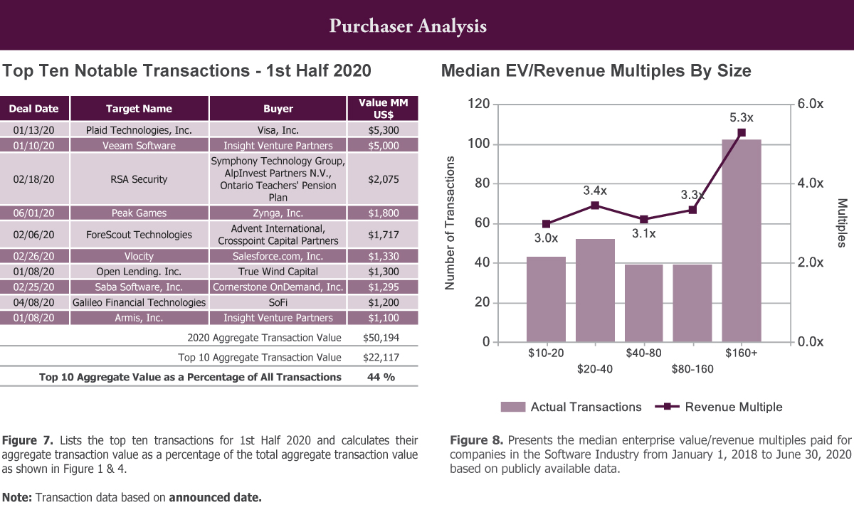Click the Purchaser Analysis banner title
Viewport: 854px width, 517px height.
408,26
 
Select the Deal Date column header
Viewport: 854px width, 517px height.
34,109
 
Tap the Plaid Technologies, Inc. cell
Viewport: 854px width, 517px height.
139,130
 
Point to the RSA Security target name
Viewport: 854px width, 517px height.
139,179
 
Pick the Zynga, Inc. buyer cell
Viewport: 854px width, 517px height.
278,213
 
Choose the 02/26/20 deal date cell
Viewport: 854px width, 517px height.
34,255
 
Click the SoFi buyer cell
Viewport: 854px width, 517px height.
278,302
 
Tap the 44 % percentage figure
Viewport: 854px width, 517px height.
381,377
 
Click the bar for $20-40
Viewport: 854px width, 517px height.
595,290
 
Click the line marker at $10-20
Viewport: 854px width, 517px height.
547,224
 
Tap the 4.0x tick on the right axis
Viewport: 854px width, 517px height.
810,183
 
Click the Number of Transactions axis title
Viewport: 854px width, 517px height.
450,223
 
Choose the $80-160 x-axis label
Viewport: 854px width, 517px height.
692,369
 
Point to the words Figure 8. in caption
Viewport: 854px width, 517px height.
476,439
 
